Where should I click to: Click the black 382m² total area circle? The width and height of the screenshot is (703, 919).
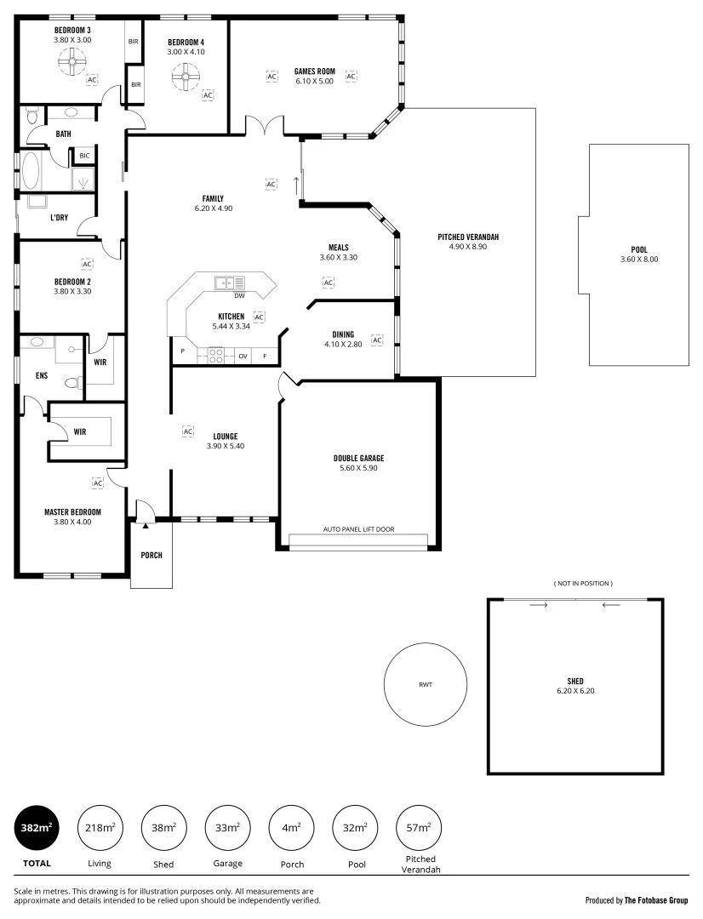coord(37,826)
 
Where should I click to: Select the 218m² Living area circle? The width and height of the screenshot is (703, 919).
coord(100,826)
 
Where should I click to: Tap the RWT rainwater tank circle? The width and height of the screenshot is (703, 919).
coord(425,684)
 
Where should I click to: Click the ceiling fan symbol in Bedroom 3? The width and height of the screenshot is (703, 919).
coord(71,60)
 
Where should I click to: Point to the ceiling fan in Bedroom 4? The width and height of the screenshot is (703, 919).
coord(185,78)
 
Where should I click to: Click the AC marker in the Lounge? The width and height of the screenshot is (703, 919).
coord(188,431)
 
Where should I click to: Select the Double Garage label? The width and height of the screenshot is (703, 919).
coord(358,458)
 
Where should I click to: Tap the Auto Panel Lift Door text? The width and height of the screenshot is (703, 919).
coord(358,528)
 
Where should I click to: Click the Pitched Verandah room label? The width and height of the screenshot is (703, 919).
coord(468,237)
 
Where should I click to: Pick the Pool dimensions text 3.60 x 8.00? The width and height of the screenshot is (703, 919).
coord(639,260)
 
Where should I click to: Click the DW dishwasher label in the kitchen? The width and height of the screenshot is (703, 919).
coord(239,296)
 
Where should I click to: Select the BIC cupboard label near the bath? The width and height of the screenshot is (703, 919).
coord(84,156)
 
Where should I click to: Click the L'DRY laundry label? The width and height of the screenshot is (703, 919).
coord(59,218)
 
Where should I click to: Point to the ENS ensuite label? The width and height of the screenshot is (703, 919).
coord(41,374)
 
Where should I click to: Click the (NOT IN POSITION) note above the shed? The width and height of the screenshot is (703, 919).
coord(583,583)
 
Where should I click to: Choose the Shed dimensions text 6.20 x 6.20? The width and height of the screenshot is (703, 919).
coord(575,691)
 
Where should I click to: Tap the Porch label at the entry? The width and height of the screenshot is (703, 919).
coord(151,556)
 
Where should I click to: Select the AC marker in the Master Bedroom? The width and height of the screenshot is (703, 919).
coord(97,483)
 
